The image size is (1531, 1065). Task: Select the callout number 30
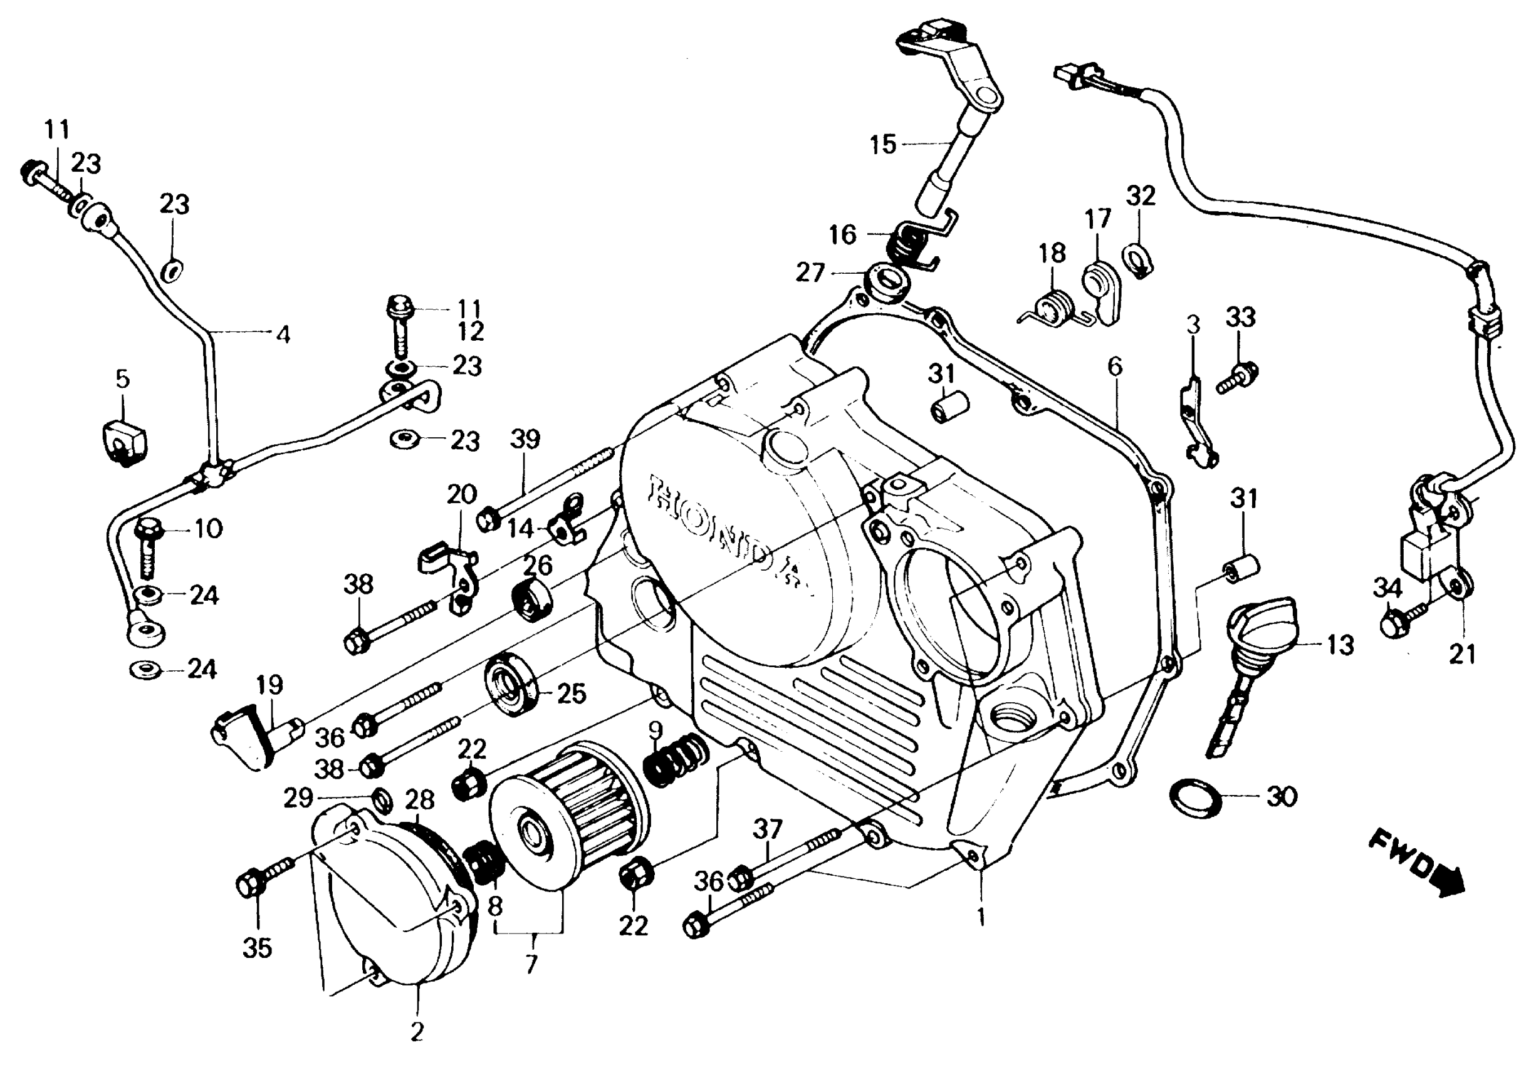1281,797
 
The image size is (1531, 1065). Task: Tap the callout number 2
417,1032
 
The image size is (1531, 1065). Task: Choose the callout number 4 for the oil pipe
283,335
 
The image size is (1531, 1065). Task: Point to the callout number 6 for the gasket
1114,366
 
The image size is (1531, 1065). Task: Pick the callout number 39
525,439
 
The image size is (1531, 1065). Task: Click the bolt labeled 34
1399,619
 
